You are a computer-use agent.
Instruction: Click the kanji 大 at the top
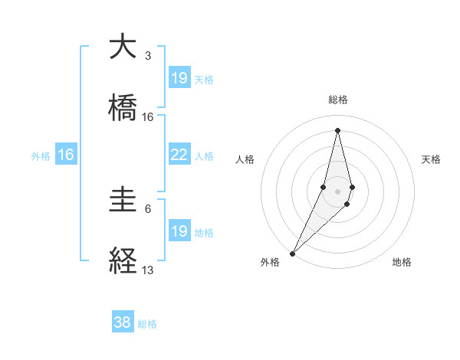pyautogui.click(x=123, y=47)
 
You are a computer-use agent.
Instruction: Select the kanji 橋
pyautogui.click(x=123, y=108)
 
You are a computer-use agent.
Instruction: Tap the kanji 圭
pyautogui.click(x=123, y=201)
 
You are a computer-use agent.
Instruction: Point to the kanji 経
pyautogui.click(x=123, y=261)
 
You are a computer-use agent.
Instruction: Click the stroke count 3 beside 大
pyautogui.click(x=148, y=55)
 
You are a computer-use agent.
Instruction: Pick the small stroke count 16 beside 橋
pyautogui.click(x=148, y=117)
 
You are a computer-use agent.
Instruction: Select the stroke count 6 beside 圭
pyautogui.click(x=148, y=208)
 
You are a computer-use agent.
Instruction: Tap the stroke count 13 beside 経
pyautogui.click(x=148, y=270)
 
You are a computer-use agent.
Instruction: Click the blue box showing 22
pyautogui.click(x=179, y=155)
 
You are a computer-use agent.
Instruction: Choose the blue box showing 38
pyautogui.click(x=123, y=322)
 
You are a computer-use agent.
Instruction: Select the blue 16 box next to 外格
pyautogui.click(x=66, y=155)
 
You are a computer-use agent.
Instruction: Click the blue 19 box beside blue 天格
pyautogui.click(x=179, y=77)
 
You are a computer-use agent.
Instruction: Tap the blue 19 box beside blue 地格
pyautogui.click(x=179, y=231)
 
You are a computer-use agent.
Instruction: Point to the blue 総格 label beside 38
pyautogui.click(x=147, y=324)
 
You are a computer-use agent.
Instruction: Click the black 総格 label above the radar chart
pyautogui.click(x=337, y=100)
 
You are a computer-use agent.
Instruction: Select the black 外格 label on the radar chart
pyautogui.click(x=270, y=262)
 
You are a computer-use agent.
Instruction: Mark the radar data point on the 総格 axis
pyautogui.click(x=337, y=129)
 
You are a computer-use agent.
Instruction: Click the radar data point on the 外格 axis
pyautogui.click(x=292, y=253)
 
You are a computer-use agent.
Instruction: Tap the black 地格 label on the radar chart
pyautogui.click(x=402, y=262)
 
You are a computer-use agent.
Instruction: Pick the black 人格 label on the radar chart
pyautogui.click(x=245, y=159)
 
